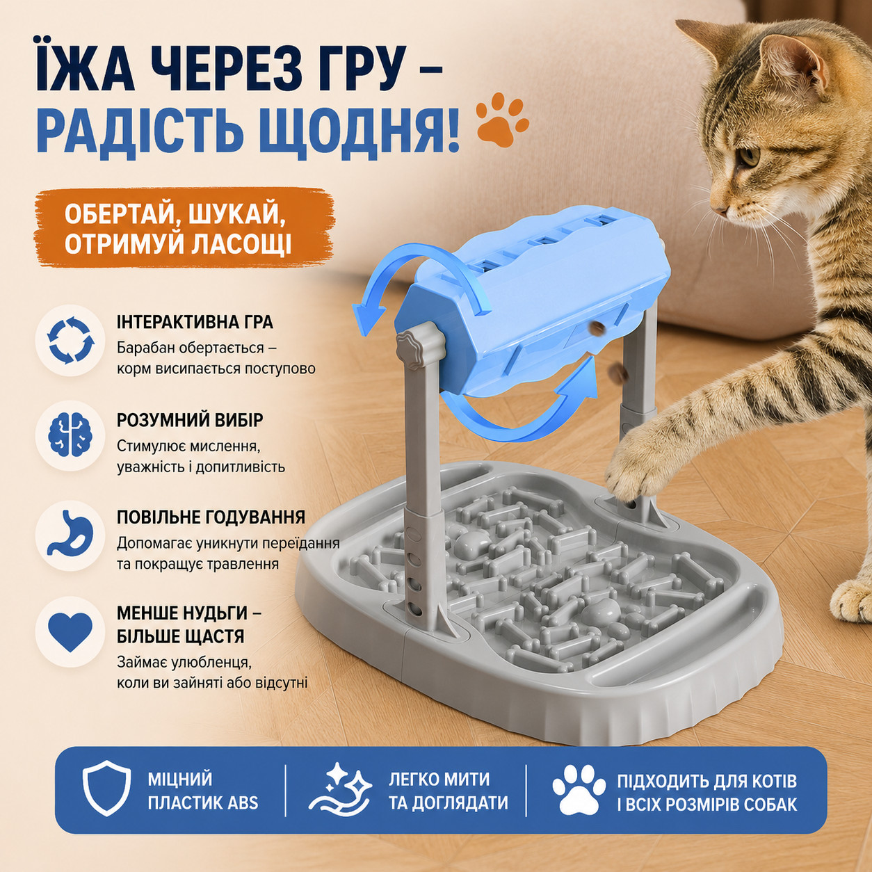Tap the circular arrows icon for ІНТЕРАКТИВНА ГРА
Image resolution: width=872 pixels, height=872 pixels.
71,340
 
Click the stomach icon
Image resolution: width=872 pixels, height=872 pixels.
70,534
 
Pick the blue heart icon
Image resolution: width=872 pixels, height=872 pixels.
70,631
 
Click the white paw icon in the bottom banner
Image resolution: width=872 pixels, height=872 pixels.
579,788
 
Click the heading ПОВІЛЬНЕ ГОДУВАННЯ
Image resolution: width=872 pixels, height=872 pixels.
211,517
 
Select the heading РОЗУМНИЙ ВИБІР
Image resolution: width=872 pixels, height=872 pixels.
190,421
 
